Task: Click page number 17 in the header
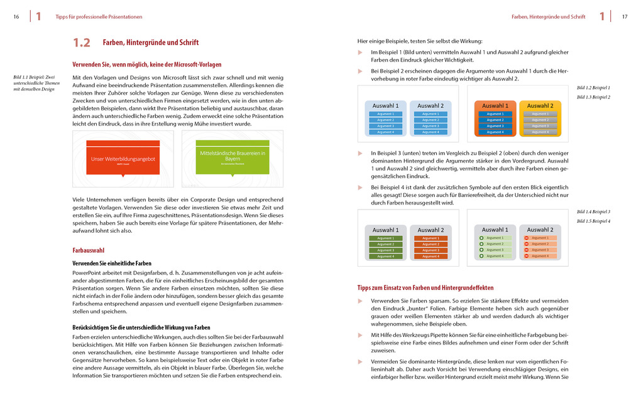click(625, 16)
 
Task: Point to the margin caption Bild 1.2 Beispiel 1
click(593, 88)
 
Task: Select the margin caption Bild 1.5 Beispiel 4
click(593, 221)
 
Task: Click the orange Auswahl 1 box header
click(495, 106)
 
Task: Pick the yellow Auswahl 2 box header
click(540, 106)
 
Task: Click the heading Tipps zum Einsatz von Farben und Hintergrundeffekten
click(425, 287)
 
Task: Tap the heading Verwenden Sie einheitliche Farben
click(112, 263)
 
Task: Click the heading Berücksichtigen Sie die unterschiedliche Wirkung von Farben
click(141, 327)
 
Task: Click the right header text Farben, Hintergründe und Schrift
click(548, 16)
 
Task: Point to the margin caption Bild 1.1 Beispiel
click(36, 83)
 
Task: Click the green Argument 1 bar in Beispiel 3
click(385, 238)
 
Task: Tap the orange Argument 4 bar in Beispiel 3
click(430, 257)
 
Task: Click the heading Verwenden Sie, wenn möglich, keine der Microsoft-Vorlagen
click(146, 65)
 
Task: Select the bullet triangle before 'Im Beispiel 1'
click(360, 52)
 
